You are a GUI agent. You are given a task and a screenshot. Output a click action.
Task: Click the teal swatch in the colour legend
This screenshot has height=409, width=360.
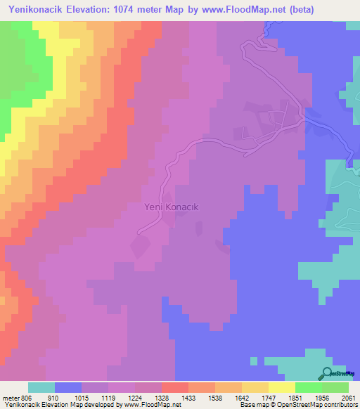coord(41,387)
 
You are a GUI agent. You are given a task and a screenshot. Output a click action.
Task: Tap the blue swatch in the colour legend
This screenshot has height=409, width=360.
coord(67,387)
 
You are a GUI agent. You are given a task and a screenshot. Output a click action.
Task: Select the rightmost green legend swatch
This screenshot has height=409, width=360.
coord(335,387)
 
